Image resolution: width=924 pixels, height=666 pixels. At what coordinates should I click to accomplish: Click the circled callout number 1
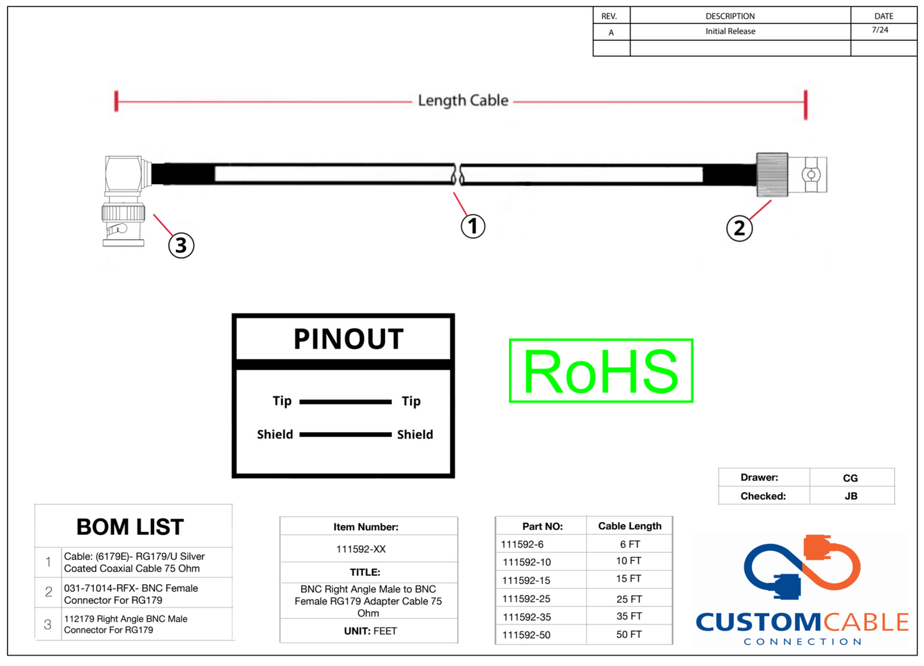pyautogui.click(x=473, y=226)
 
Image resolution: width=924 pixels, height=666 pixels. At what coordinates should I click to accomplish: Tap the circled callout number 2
pyautogui.click(x=739, y=228)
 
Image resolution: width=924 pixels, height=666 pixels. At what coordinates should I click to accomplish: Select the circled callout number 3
pyautogui.click(x=181, y=245)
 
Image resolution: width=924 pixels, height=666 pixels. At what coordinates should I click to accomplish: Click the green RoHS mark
pyautogui.click(x=600, y=371)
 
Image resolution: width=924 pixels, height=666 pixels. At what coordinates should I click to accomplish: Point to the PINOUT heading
pyautogui.click(x=348, y=339)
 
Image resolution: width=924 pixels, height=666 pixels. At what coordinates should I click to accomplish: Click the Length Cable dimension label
pyautogui.click(x=463, y=100)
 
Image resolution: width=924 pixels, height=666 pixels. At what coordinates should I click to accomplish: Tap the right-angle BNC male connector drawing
pyautogui.click(x=124, y=199)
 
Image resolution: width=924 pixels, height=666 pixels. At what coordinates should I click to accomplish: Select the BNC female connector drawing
pyautogui.click(x=792, y=174)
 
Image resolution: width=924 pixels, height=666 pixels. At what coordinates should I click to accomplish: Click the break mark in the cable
pyautogui.click(x=457, y=174)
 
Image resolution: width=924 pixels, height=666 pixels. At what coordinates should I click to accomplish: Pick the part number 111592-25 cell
pyautogui.click(x=526, y=599)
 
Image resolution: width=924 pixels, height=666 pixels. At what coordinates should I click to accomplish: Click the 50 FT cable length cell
pyautogui.click(x=629, y=635)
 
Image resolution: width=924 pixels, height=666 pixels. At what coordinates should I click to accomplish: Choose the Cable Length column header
pyautogui.click(x=629, y=526)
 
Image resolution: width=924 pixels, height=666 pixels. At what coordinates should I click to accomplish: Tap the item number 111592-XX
pyautogui.click(x=361, y=549)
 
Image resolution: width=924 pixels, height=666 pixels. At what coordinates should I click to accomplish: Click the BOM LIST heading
pyautogui.click(x=130, y=527)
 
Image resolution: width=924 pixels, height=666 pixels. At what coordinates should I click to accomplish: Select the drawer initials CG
pyautogui.click(x=850, y=478)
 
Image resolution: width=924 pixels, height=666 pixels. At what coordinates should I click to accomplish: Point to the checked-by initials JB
pyautogui.click(x=850, y=496)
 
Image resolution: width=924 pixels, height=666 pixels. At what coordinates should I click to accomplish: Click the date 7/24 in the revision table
pyautogui.click(x=880, y=30)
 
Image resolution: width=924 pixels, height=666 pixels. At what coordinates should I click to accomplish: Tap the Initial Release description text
pyautogui.click(x=730, y=31)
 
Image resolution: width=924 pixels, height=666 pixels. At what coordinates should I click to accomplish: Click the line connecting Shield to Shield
pyautogui.click(x=345, y=435)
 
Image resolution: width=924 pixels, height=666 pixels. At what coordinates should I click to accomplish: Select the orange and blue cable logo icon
pyautogui.click(x=803, y=566)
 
